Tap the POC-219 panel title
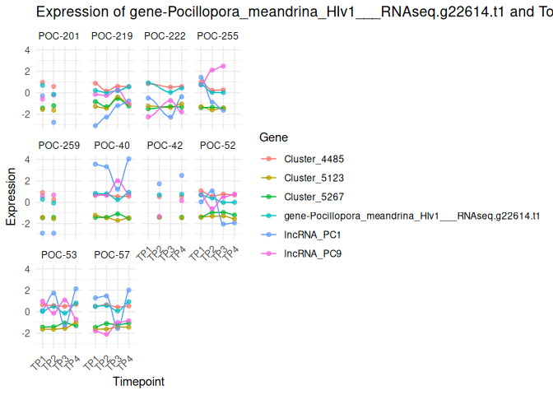[x=112, y=36]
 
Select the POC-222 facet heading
[x=165, y=36]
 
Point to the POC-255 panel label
[x=218, y=36]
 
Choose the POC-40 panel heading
[x=112, y=146]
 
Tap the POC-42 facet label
[x=165, y=146]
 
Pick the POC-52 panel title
[x=218, y=146]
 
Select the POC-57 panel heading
[x=112, y=255]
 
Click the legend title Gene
[x=272, y=137]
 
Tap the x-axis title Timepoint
[x=137, y=382]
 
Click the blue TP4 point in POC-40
[x=128, y=158]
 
